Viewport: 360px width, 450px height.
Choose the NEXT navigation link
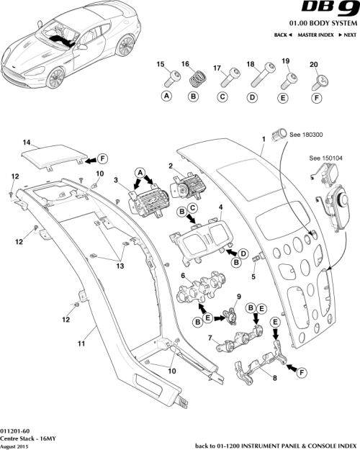point(347,35)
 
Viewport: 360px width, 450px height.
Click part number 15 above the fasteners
point(161,64)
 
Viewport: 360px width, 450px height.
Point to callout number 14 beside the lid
point(24,143)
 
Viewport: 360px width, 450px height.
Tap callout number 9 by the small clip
point(238,297)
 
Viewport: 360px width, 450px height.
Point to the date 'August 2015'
point(15,445)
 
